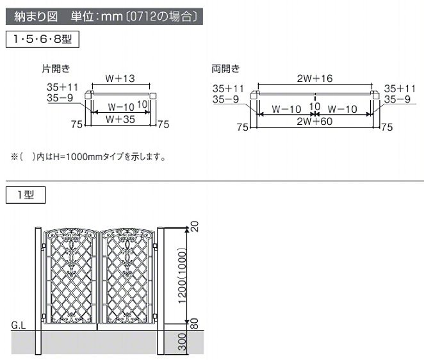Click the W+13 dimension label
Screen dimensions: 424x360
(120, 78)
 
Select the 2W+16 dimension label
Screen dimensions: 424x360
(314, 78)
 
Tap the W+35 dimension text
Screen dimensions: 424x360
(120, 119)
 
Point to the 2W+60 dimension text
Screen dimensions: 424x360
(314, 122)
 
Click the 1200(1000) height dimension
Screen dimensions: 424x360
(183, 276)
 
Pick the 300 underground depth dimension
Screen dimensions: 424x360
(183, 342)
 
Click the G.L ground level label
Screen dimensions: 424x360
(19, 325)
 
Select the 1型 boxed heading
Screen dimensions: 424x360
(26, 195)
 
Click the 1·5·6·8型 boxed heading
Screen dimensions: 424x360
(42, 39)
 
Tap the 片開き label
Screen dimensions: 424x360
(56, 69)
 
